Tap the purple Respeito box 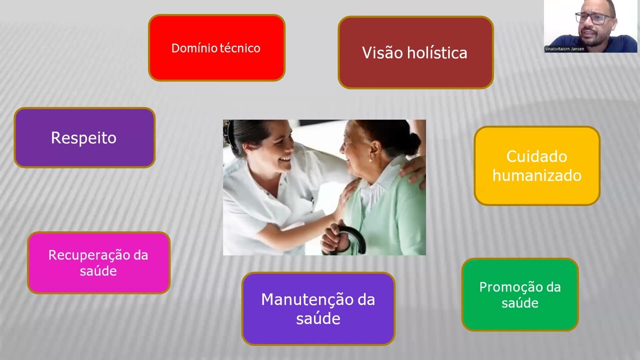[x=84, y=137]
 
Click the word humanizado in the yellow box [x=536, y=176]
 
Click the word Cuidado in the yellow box [x=536, y=156]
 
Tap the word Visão [x=381, y=53]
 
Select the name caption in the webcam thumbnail [x=564, y=49]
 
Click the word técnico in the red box [x=240, y=48]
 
